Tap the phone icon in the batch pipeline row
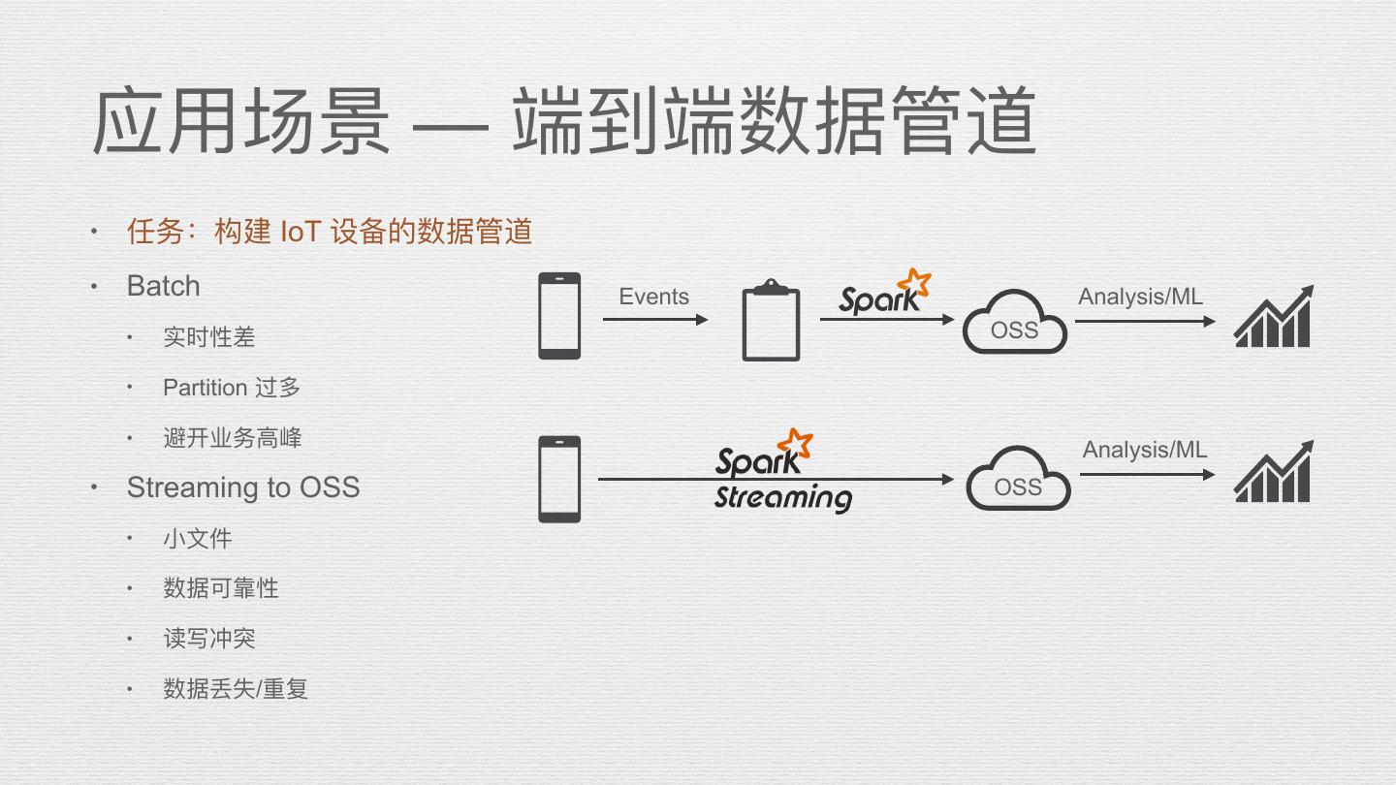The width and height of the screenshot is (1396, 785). pos(559,316)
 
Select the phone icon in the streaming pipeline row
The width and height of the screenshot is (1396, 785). pos(559,479)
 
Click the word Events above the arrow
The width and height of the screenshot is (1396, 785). pos(653,297)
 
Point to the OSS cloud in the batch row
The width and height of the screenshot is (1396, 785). pos(1014,324)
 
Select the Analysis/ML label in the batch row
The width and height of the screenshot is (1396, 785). pos(1140,297)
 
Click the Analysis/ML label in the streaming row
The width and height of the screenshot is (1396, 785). pos(1145,450)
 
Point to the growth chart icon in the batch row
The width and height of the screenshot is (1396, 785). pos(1273,317)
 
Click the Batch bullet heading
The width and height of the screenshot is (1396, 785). pos(163,286)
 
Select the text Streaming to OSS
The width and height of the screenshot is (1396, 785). pos(243,487)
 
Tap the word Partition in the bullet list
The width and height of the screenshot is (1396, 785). pos(205,388)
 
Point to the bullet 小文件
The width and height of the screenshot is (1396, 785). pos(198,538)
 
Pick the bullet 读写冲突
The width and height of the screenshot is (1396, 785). pos(209,639)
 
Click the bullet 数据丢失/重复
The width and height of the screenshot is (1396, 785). pos(236,689)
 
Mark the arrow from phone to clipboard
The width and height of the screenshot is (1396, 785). pos(655,320)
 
